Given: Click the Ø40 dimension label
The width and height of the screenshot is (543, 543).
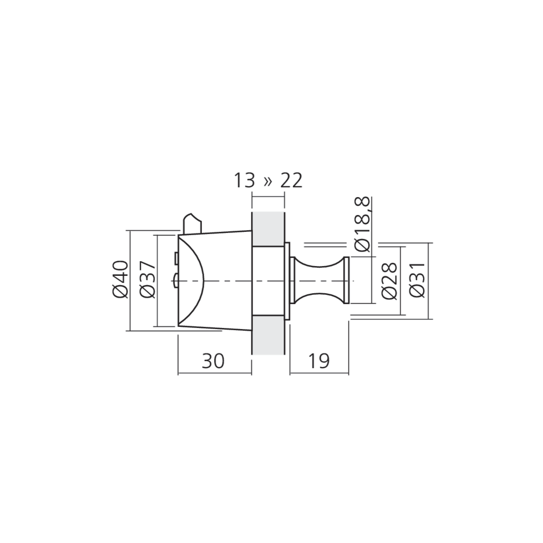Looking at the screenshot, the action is [x=121, y=280].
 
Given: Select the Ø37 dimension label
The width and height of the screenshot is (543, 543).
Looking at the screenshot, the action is [x=148, y=280].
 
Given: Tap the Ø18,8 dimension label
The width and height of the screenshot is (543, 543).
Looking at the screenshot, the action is [x=363, y=224].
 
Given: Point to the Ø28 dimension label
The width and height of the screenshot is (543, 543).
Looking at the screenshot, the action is [x=389, y=281].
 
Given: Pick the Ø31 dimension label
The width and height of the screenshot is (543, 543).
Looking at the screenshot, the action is [x=417, y=280].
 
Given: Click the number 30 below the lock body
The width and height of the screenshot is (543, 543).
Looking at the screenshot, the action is [x=213, y=361].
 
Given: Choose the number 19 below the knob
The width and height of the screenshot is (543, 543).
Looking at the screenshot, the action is [x=318, y=361].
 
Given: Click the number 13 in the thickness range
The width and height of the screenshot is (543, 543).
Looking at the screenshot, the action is [x=244, y=180].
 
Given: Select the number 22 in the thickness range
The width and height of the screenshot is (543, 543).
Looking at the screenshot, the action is [x=292, y=180].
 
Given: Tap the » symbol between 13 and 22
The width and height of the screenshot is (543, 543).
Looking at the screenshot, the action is [x=268, y=181].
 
